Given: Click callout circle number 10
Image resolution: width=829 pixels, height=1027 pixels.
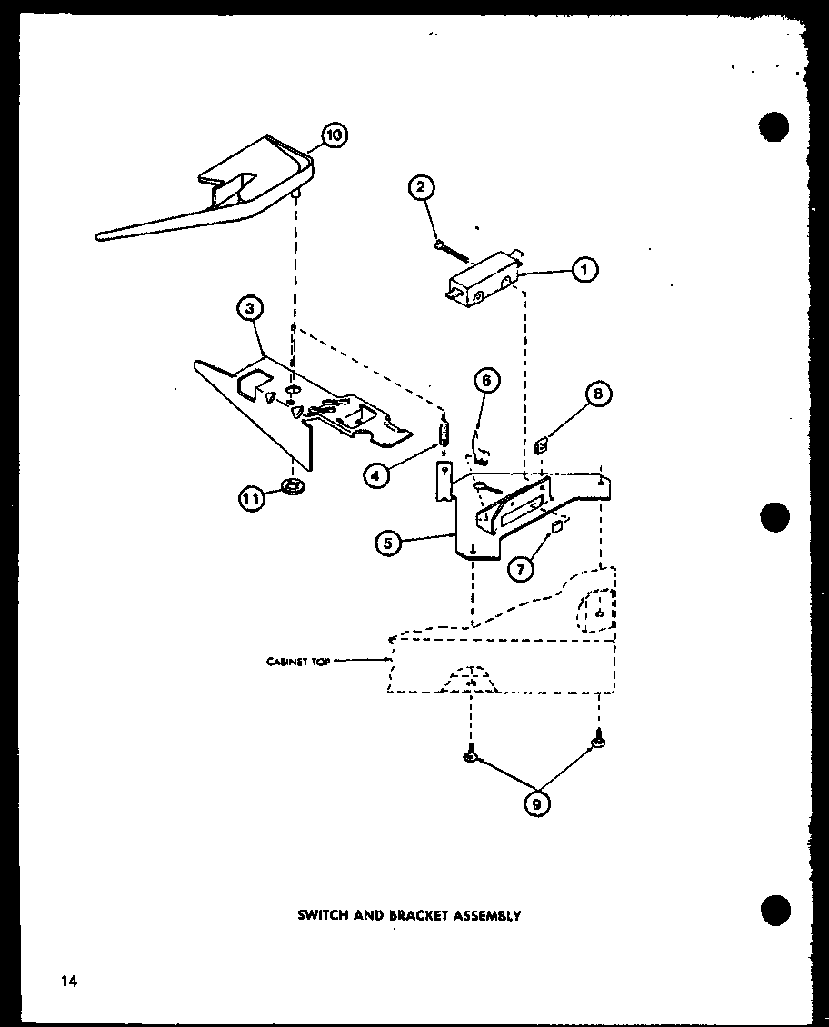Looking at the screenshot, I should point(334,136).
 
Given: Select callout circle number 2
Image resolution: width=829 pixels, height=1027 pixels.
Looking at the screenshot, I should point(420,188).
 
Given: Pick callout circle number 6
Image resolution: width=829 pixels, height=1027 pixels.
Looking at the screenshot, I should point(486,380).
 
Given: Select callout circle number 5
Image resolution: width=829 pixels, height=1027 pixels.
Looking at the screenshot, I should point(388,543).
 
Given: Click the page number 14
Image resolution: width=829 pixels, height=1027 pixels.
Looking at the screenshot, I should point(69,980).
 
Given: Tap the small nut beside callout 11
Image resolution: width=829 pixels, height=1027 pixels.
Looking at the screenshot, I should point(294,487).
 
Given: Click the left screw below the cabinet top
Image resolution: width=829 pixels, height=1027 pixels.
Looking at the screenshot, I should point(471,753).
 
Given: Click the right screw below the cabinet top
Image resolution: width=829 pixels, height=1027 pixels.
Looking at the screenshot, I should point(597,744).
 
